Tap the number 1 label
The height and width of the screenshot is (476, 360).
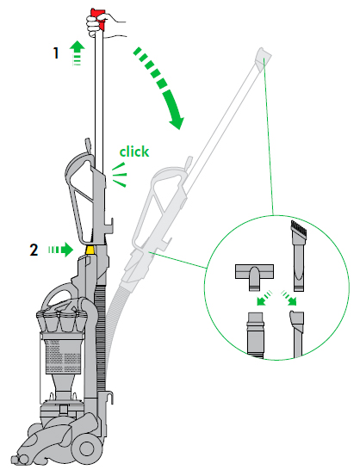click(x=56, y=53)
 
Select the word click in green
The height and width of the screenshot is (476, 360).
click(x=133, y=151)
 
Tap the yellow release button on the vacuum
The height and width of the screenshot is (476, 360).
click(x=90, y=249)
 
